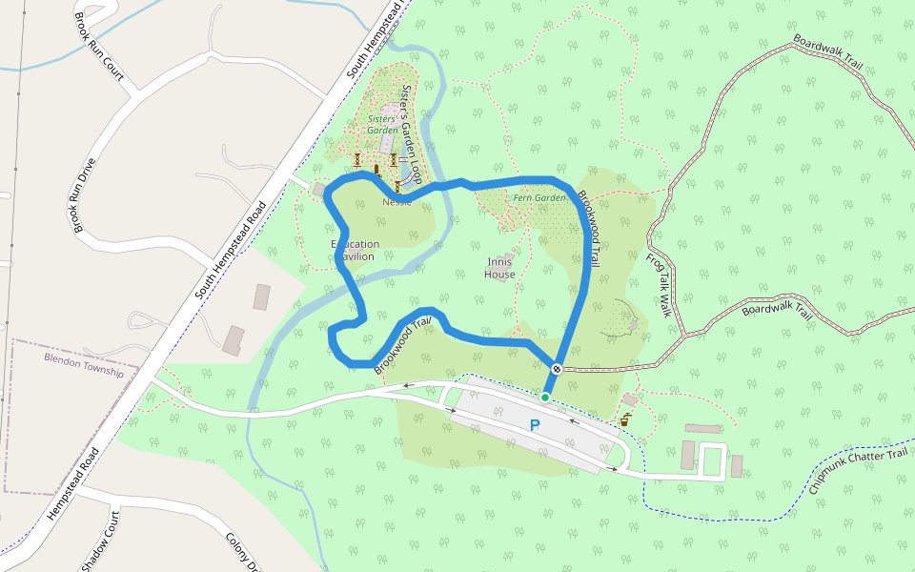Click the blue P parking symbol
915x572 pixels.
(x=535, y=425)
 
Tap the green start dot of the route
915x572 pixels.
(x=545, y=397)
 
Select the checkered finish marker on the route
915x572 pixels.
(x=557, y=368)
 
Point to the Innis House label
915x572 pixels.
(x=499, y=268)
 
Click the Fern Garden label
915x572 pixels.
(x=539, y=198)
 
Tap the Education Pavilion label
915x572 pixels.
(x=355, y=250)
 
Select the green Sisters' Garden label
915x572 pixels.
(x=382, y=124)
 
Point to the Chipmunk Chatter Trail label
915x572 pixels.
(x=859, y=467)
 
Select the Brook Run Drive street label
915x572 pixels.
(x=85, y=195)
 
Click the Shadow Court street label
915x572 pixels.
(x=100, y=541)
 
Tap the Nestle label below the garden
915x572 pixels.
(x=397, y=202)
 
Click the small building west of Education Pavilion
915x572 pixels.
(x=318, y=190)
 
